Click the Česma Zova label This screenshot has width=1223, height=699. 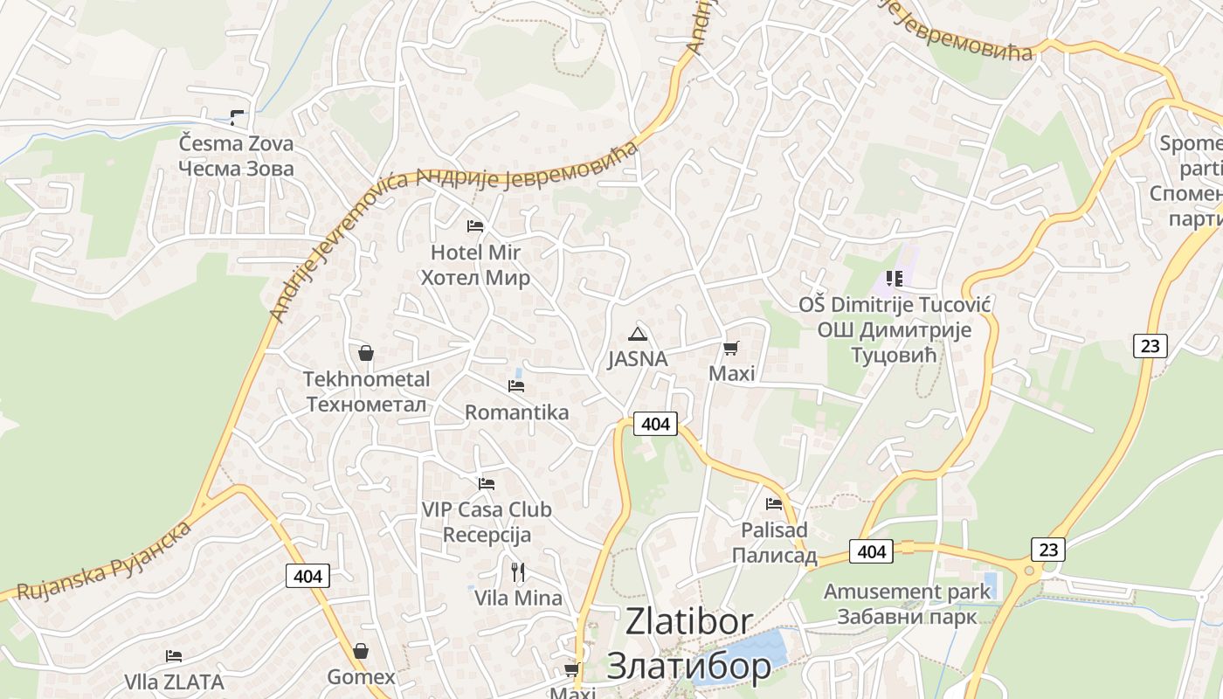(x=236, y=143)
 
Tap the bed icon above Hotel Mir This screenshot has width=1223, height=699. (x=475, y=226)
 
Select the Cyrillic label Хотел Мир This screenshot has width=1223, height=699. (x=475, y=279)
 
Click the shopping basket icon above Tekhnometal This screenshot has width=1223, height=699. (x=366, y=353)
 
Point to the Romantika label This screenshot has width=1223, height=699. (x=516, y=412)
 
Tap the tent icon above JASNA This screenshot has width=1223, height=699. (x=638, y=334)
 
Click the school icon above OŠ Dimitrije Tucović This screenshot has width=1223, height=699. (x=894, y=279)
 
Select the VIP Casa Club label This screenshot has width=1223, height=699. (x=487, y=509)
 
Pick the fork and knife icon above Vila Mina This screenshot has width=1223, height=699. (x=518, y=572)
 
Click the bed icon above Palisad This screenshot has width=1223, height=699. (x=774, y=504)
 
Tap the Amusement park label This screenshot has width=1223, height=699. (x=907, y=592)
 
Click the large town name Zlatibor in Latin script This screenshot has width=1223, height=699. (x=688, y=622)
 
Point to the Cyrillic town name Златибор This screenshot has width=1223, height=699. (x=688, y=665)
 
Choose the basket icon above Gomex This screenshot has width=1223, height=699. (x=361, y=651)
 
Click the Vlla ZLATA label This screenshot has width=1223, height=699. (x=174, y=682)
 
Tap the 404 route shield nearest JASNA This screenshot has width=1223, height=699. (x=655, y=424)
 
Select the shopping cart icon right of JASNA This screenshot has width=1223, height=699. (x=731, y=348)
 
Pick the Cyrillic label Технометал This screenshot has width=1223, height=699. (x=367, y=405)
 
